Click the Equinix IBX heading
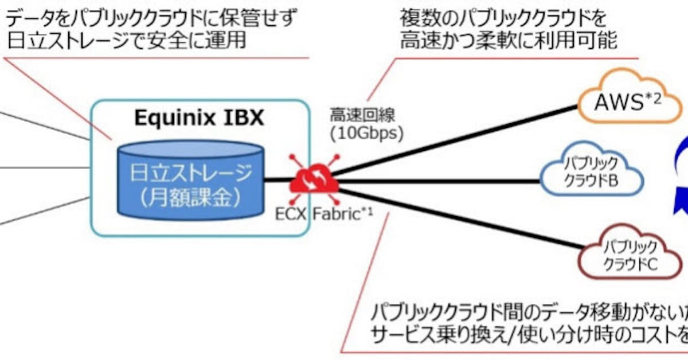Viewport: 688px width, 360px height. pyautogui.click(x=198, y=118)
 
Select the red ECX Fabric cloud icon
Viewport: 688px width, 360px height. pyautogui.click(x=314, y=179)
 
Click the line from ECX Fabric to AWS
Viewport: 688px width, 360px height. pyautogui.click(x=459, y=138)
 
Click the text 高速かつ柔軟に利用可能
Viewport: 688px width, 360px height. pyautogui.click(x=508, y=41)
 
